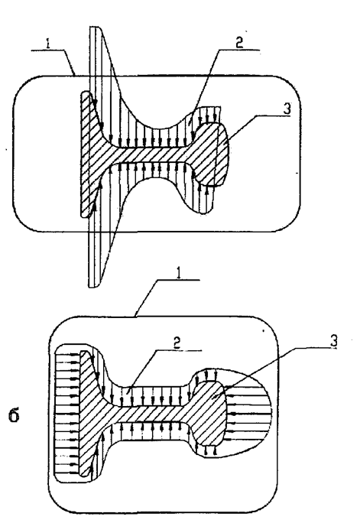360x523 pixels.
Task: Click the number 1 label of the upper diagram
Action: (49, 44)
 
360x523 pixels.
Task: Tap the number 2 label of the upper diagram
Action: (239, 42)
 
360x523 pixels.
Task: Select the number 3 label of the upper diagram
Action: (287, 109)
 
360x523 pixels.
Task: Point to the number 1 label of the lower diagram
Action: (180, 273)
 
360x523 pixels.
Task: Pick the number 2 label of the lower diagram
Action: (177, 343)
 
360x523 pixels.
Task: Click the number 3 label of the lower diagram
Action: (334, 340)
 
